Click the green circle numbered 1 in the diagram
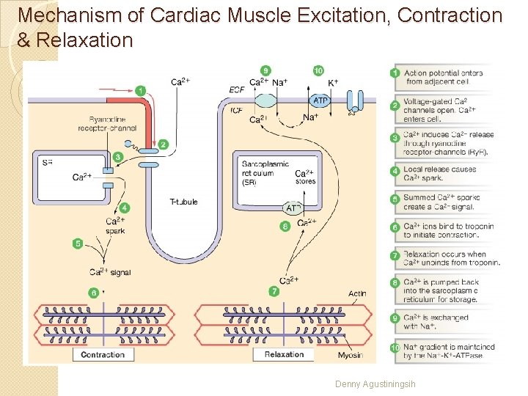pos(140,90)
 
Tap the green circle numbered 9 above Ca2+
pos(265,70)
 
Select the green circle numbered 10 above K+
pos(318,70)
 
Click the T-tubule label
pos(183,202)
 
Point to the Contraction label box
pos(103,355)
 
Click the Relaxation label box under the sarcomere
pos(284,355)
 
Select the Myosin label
pos(350,355)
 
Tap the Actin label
pos(357,294)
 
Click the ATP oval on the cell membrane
pos(320,100)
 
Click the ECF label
pos(237,89)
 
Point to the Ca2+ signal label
pos(110,273)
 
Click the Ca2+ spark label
pos(115,226)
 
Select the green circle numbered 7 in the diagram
pos(274,291)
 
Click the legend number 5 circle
pos(395,198)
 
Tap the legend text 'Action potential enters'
pos(443,73)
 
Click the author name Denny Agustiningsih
pos(375,384)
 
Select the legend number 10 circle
pos(395,348)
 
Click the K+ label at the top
pos(333,83)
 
